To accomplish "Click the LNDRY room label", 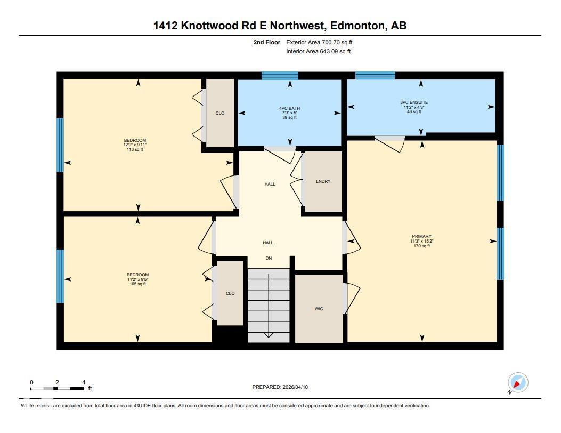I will [x=323, y=181].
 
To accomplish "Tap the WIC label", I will [x=319, y=309].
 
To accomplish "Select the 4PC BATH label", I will [x=290, y=108].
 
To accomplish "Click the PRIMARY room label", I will [x=421, y=236].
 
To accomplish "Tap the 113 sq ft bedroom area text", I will [x=134, y=150].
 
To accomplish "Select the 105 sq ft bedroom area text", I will [x=137, y=284].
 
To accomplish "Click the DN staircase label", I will [x=269, y=259].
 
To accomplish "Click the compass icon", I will [x=517, y=382].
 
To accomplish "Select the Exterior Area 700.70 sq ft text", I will [x=319, y=42].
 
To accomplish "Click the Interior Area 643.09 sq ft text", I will [x=318, y=52].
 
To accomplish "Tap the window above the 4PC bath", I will [x=280, y=76].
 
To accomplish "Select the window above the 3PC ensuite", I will [x=375, y=76].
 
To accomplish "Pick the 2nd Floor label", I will [x=267, y=42].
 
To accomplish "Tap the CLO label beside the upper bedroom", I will [x=220, y=113].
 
